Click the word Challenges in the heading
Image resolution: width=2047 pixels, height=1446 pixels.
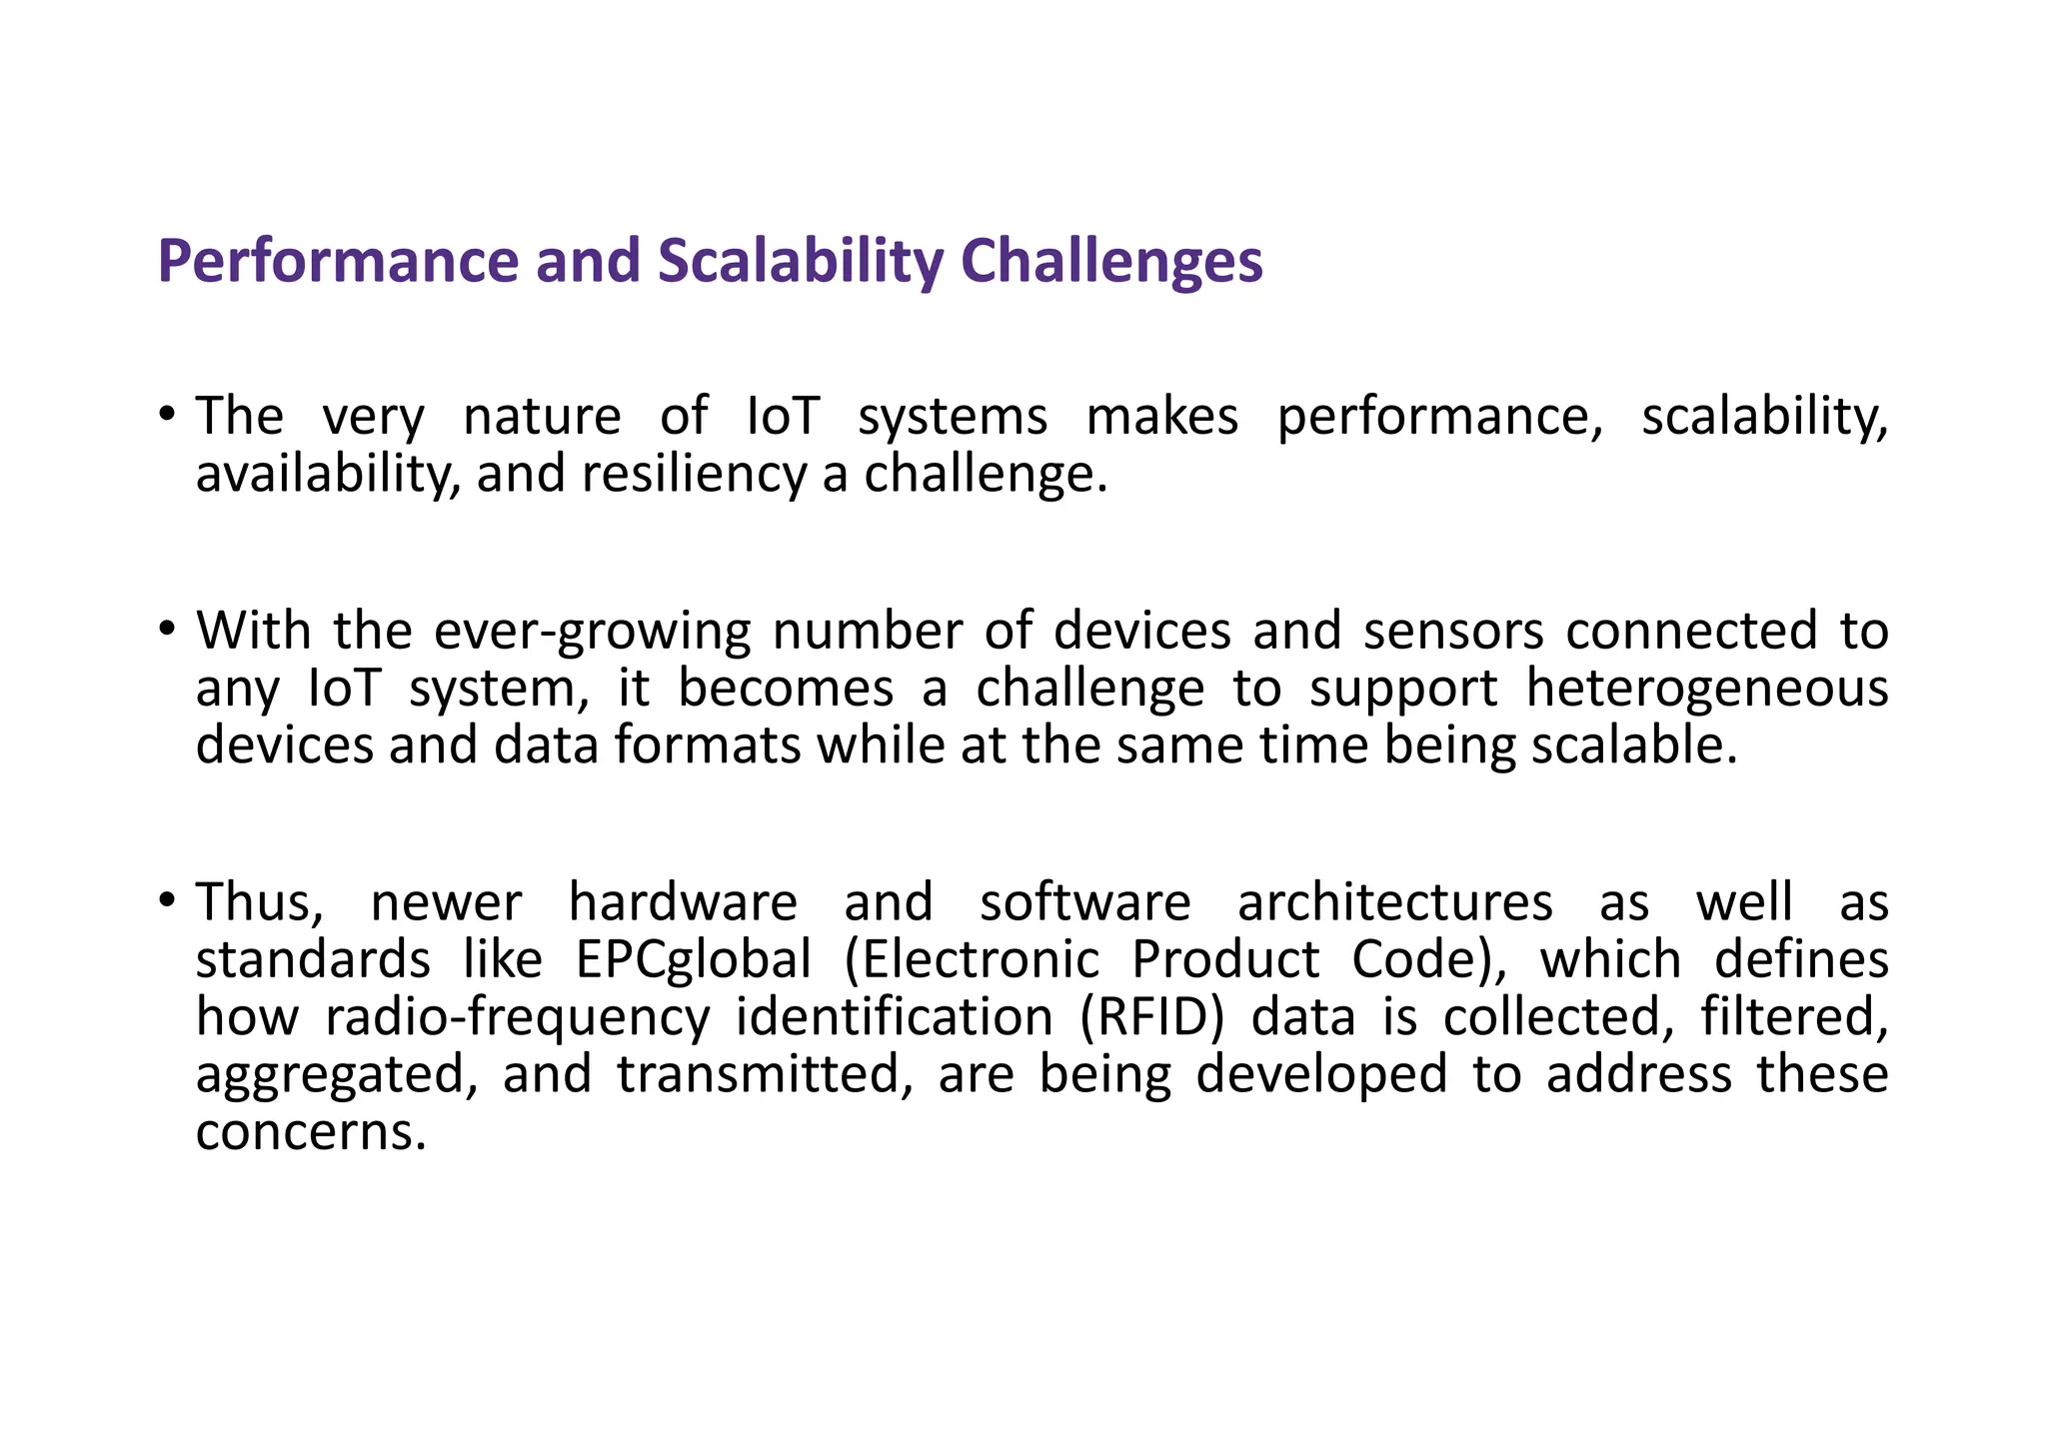tap(1110, 262)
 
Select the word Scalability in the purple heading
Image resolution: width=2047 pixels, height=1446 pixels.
tap(800, 262)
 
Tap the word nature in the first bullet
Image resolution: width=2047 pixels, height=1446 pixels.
tap(542, 417)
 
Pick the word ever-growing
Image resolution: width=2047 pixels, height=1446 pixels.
tap(592, 632)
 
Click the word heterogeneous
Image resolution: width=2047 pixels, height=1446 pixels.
tap(1707, 689)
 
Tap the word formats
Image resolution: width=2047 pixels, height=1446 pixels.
tap(707, 745)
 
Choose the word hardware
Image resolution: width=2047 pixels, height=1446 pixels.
tap(683, 902)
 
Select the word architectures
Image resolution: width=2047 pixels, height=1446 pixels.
tap(1395, 902)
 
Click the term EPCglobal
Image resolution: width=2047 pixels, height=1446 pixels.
tap(694, 960)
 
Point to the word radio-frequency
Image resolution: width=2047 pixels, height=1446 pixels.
tap(517, 1017)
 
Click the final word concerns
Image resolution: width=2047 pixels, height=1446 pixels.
tap(311, 1132)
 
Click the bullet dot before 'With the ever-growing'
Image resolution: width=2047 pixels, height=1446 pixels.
tap(167, 630)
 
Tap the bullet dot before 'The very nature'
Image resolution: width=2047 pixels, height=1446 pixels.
tap(167, 415)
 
